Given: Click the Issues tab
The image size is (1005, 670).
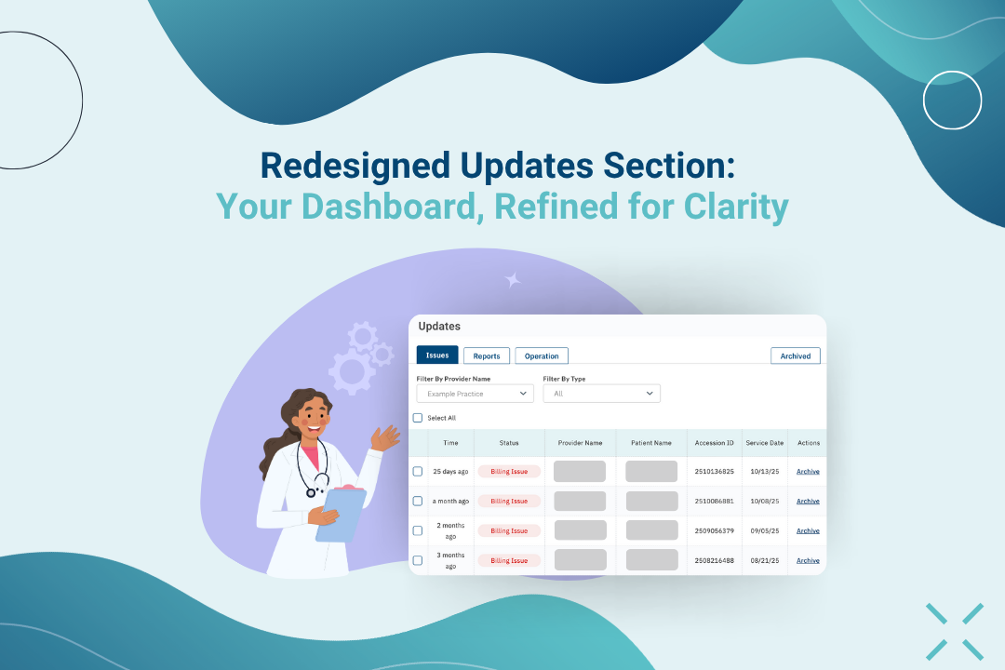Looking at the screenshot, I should (437, 355).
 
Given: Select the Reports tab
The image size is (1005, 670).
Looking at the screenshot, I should (487, 355).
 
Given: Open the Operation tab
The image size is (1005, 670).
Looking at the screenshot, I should (542, 355).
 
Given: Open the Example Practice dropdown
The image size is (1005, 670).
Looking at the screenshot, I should (475, 394).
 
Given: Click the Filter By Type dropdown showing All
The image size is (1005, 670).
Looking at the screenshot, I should (601, 394).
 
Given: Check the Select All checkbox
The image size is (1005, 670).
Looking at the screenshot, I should (418, 418).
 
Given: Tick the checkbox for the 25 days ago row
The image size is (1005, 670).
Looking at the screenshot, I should (418, 471).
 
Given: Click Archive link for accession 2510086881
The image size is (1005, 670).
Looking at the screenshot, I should (808, 501).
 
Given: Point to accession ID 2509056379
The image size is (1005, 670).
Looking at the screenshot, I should (714, 530).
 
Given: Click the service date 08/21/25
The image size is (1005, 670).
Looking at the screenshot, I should (766, 560).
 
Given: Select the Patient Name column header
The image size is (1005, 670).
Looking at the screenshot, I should (650, 443).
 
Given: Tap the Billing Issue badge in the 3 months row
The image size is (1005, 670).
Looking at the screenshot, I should (509, 560).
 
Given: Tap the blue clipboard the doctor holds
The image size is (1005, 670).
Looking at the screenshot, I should (340, 515).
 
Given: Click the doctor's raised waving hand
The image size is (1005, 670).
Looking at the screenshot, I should (385, 436).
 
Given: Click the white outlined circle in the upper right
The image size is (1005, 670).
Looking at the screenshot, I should (952, 100).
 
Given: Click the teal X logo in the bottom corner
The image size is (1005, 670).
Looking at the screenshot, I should (954, 632).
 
